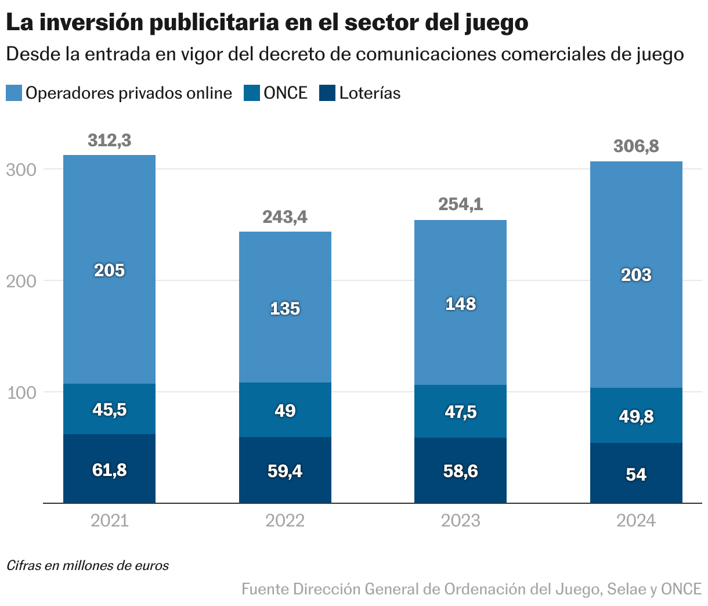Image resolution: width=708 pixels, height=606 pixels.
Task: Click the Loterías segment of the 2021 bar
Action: (109, 469)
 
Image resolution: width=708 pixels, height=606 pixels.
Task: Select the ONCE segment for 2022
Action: (285, 410)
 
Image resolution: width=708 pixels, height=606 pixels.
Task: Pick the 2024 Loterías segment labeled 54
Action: (636, 474)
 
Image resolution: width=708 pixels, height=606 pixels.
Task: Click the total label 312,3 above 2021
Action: (109, 140)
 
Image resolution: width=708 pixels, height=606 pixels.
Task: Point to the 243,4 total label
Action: (285, 217)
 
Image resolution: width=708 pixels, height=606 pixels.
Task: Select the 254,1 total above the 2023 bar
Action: (460, 204)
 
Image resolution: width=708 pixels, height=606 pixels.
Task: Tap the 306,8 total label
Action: (636, 146)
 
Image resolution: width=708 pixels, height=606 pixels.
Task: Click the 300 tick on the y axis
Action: (21, 169)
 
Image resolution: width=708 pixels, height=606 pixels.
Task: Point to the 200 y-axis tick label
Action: (21, 281)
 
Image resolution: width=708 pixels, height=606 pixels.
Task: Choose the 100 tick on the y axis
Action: (21, 392)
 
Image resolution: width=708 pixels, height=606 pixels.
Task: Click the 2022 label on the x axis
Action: (285, 521)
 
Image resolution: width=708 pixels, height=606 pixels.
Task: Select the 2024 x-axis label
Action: (636, 521)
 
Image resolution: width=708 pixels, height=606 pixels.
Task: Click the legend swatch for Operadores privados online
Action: (14, 93)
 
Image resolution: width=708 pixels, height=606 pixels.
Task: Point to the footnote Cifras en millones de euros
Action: (88, 565)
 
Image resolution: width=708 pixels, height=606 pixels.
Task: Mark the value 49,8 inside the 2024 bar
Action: (636, 416)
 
